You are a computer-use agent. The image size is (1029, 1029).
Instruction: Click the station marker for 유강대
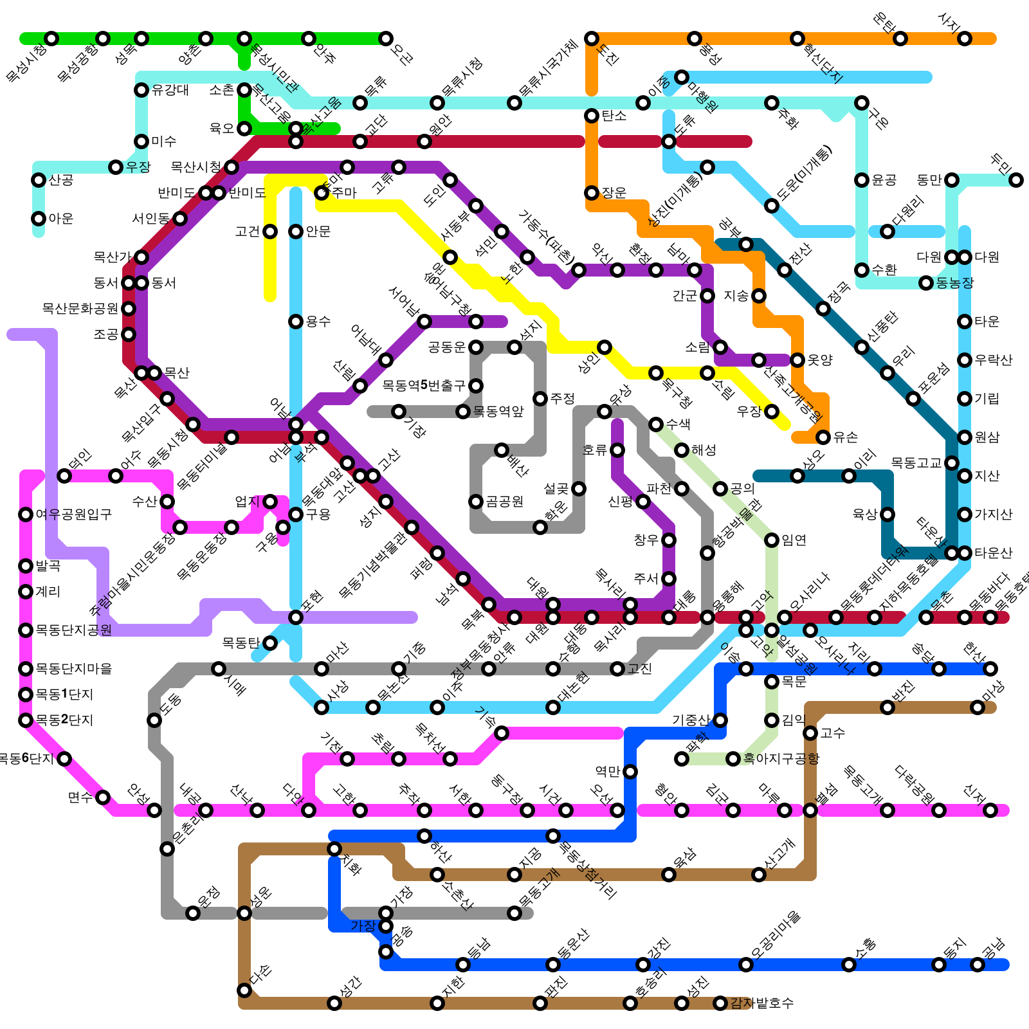point(141,90)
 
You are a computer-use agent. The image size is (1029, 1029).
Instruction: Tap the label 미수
point(164,141)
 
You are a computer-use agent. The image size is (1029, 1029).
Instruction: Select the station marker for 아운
point(39,219)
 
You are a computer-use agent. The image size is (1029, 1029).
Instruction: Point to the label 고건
point(248,232)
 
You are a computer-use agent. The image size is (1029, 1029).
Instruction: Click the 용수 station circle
point(296,322)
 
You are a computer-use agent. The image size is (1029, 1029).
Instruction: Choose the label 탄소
point(614,116)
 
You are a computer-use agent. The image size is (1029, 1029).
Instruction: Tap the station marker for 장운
point(592,193)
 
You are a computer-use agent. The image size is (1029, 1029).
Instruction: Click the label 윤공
point(884,180)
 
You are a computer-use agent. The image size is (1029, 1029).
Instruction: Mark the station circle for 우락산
point(965,360)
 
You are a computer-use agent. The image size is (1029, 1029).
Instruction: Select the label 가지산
point(994,514)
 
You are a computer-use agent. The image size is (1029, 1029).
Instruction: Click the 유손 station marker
point(823,437)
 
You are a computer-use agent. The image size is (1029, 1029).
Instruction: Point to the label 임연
point(794,540)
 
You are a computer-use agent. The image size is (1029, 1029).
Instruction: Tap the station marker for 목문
point(772,682)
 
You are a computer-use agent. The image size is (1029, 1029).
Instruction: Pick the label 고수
point(833,733)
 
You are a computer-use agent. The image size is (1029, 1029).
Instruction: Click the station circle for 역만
point(630,772)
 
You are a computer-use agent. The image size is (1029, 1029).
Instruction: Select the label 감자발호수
point(762,1003)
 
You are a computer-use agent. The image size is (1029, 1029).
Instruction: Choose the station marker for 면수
point(103,797)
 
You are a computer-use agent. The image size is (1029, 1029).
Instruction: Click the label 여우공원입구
point(74,514)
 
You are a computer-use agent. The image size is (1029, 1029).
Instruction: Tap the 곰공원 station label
point(505,502)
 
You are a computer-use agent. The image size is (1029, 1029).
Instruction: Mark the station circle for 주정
point(540,399)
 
